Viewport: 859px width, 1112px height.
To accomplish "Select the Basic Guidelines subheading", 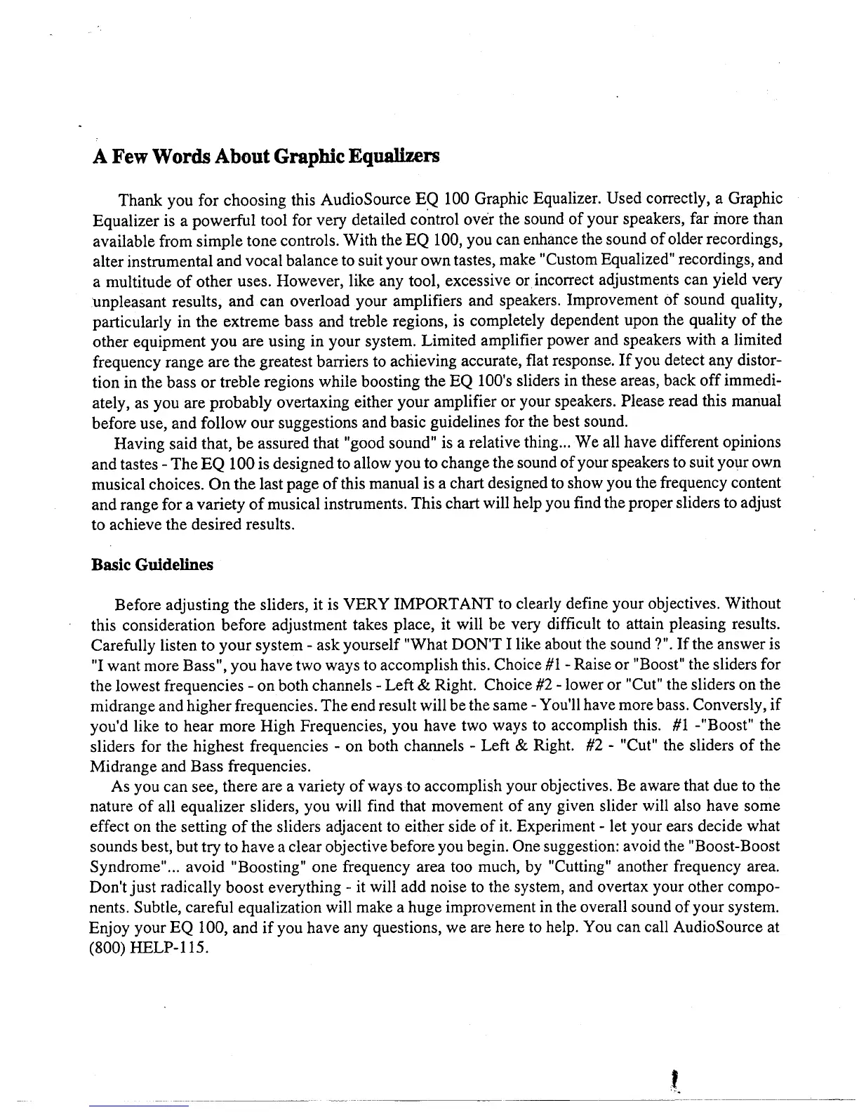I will (152, 565).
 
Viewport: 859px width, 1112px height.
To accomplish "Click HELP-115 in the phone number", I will (169, 948).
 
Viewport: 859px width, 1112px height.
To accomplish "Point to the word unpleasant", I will (127, 301).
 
